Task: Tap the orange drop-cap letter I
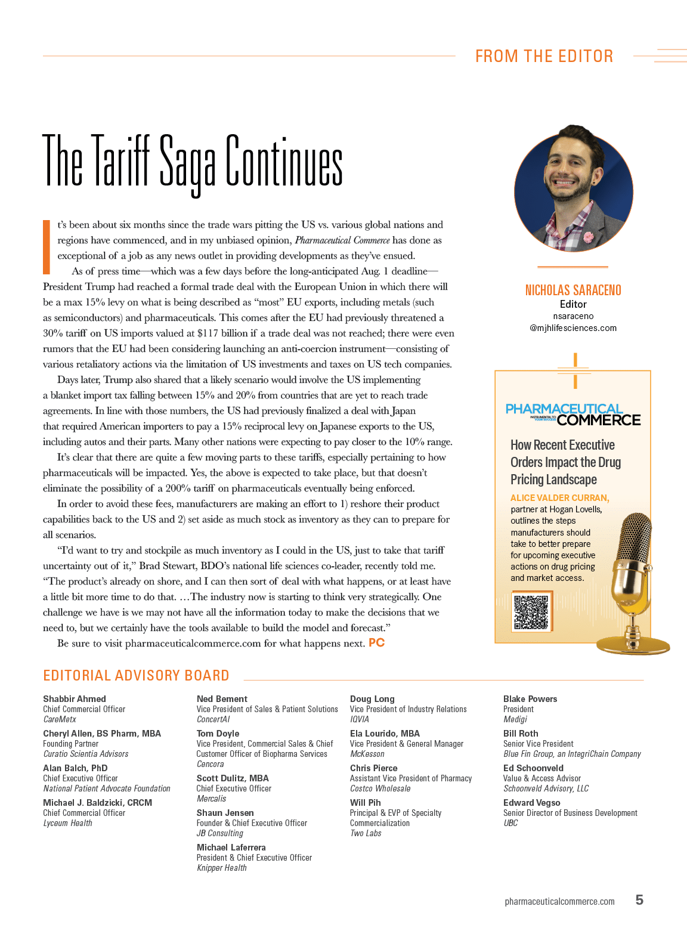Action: pos(47,247)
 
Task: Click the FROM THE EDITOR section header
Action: pos(544,56)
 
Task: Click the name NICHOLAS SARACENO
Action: pos(573,290)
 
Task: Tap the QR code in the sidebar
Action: pos(531,613)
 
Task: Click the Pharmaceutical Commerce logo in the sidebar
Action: pos(572,415)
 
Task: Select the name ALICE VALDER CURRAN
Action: pos(559,498)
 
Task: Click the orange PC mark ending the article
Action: pos(376,642)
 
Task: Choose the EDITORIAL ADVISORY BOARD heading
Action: pos(136,675)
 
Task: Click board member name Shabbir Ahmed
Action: pos(75,699)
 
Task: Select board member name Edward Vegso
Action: pos(531,803)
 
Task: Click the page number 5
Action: pos(639,900)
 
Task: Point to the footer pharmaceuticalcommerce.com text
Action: pos(559,901)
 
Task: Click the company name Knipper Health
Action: pos(221,868)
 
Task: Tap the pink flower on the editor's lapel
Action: pos(589,236)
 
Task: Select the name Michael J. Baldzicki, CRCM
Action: pos(97,803)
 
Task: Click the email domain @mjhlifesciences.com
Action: pos(573,328)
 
